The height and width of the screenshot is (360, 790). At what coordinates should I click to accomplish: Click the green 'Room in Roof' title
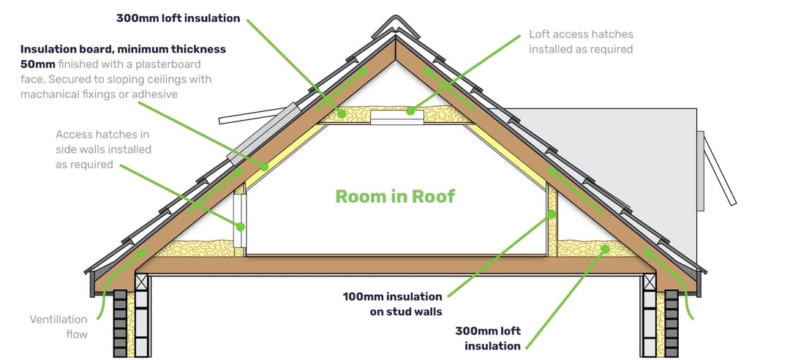point(395,196)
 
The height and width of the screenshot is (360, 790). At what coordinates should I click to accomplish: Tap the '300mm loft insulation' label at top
point(178,18)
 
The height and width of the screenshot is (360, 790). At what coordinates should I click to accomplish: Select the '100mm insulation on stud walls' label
point(393,304)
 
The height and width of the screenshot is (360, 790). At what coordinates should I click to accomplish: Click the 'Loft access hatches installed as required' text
point(580,42)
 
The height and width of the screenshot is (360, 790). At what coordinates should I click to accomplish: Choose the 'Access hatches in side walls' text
point(103,142)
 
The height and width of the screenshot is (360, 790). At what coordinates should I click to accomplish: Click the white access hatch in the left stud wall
point(241,221)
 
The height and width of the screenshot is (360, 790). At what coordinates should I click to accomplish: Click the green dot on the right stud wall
point(552,214)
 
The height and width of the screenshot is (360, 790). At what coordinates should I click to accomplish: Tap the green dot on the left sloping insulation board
point(263,165)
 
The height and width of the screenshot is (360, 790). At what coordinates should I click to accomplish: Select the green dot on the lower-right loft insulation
point(605,249)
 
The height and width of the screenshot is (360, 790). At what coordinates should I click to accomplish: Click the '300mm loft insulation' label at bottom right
point(488,338)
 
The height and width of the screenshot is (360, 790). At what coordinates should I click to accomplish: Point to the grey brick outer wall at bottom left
point(121,323)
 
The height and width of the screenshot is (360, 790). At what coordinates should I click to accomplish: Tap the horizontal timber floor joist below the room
point(396,265)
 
